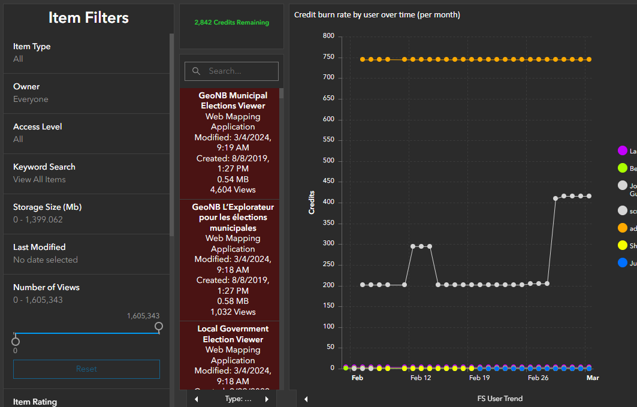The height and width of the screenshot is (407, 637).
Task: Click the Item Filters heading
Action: coord(88,18)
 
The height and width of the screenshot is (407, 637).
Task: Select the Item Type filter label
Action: coord(32,46)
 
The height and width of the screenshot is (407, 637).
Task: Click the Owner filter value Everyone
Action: coord(31,100)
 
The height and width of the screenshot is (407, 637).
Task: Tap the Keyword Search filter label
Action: coord(44,167)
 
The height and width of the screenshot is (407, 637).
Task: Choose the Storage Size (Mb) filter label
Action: coord(47,207)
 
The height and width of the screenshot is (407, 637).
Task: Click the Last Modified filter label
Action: coord(40,247)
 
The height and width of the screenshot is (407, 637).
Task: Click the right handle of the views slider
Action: coord(159,326)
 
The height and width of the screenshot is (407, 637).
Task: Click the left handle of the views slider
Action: coord(16,341)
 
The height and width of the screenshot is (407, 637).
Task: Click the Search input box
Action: coord(232,71)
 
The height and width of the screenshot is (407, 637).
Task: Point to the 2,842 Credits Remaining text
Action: coord(231,23)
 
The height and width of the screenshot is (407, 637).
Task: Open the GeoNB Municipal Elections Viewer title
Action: coord(233,101)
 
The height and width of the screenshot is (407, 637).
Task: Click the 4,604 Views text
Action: coord(233,189)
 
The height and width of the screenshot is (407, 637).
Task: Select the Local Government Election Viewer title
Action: coord(233,334)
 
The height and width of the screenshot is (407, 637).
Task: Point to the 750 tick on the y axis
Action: coord(328,57)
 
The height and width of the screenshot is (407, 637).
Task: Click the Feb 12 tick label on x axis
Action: coord(421,378)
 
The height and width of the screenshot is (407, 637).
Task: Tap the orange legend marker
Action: coord(622,228)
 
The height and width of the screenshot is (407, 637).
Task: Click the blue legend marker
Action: coord(622,263)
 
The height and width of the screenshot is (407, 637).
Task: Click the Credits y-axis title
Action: coord(312,203)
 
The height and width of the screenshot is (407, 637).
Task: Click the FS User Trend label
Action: coord(500,399)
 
